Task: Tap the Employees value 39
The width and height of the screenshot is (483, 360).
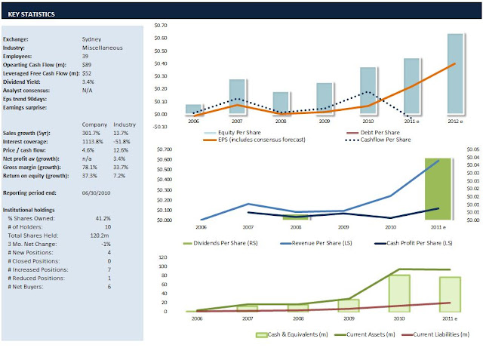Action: click(85, 56)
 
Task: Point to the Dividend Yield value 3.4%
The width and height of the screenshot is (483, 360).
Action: click(88, 82)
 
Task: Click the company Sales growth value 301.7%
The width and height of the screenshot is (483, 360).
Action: click(93, 133)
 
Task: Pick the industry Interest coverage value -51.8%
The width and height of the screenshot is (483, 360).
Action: click(124, 141)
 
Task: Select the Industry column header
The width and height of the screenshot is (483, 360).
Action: click(124, 124)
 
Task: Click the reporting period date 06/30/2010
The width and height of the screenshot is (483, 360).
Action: click(97, 193)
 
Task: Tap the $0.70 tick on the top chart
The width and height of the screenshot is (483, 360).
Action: click(161, 26)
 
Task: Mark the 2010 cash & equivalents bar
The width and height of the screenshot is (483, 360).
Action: click(398, 293)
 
